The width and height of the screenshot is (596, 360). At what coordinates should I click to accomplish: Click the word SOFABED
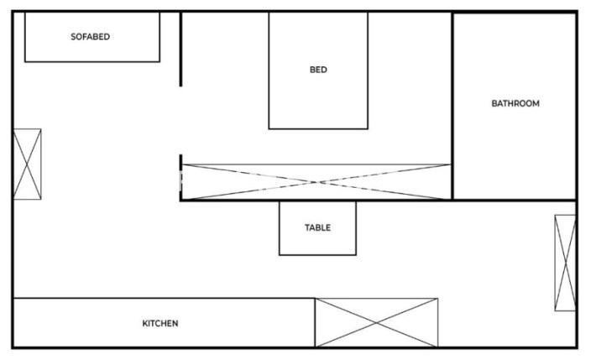tap(90, 37)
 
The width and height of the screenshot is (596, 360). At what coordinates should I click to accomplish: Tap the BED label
tap(318, 70)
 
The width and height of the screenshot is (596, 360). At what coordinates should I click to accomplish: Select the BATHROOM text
tap(515, 103)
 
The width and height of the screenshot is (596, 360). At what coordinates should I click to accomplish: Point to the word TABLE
tap(317, 227)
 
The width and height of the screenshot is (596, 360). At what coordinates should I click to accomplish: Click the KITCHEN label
tap(160, 324)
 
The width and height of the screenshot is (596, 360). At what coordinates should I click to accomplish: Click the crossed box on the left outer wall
tap(28, 164)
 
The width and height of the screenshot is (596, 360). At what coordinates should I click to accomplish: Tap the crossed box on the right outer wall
tap(565, 263)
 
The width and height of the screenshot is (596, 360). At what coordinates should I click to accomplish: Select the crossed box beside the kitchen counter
tap(376, 323)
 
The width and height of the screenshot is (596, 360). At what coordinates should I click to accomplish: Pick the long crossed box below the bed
tap(316, 182)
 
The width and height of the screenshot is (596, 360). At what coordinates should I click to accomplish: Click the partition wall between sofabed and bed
tap(180, 50)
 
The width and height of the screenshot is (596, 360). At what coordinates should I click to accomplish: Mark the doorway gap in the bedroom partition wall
tap(180, 121)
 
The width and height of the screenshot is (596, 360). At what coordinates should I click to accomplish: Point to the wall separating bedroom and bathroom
tap(452, 106)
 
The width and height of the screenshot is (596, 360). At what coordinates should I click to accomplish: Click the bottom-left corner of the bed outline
tap(269, 129)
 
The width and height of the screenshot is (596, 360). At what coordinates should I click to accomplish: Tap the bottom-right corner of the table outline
tap(356, 255)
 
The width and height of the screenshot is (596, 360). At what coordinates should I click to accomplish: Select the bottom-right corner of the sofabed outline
tap(159, 61)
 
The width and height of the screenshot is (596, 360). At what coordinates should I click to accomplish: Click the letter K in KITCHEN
tap(145, 324)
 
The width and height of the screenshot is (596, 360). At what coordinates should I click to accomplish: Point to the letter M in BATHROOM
tap(536, 103)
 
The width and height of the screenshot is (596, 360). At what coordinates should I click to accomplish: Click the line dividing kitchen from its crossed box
tap(315, 323)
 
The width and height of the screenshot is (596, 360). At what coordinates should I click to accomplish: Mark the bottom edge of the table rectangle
tap(317, 255)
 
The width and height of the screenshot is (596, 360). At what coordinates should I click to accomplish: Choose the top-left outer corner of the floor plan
tap(13, 12)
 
